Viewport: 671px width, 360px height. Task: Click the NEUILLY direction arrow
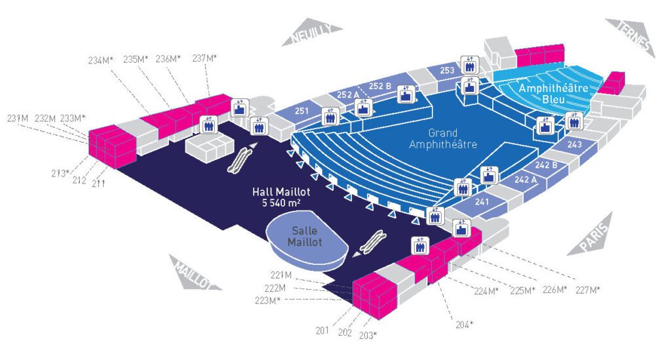(x=313, y=32)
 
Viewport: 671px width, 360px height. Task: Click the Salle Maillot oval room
(x=305, y=237)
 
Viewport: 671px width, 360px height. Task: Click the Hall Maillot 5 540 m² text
(x=281, y=197)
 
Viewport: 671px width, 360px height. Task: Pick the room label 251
(x=301, y=111)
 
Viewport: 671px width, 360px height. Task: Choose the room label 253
(x=447, y=70)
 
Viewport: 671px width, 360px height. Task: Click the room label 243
(x=575, y=144)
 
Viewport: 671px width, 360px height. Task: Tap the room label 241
(x=483, y=202)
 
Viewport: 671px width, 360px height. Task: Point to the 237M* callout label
(x=204, y=58)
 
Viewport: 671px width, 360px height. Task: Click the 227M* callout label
(x=587, y=289)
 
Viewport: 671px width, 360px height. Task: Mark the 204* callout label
(x=463, y=324)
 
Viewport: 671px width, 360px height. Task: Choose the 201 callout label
(x=321, y=330)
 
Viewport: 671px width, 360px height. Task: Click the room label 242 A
(x=526, y=179)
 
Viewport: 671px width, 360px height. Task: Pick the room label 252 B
(x=379, y=86)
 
